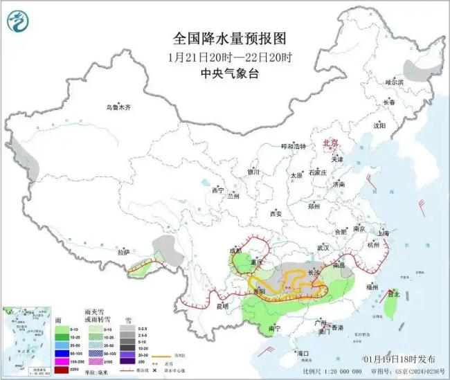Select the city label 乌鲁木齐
tap(118, 107)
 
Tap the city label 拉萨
tap(124, 253)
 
